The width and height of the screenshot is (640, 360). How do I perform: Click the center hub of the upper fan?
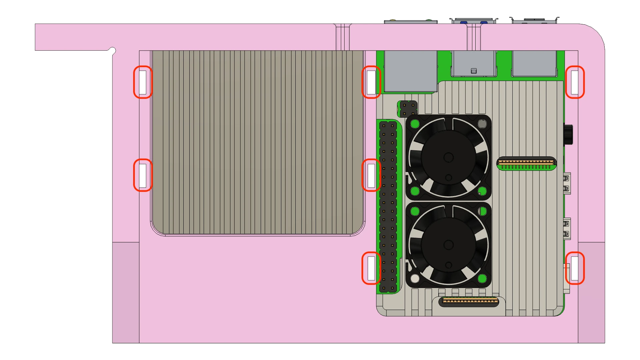coord(448,157)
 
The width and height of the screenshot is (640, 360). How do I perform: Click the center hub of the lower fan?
coord(448,245)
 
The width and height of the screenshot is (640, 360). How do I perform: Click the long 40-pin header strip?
coord(388,207)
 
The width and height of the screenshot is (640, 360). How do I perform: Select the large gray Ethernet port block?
coord(411,71)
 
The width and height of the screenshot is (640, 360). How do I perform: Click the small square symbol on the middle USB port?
coord(474,71)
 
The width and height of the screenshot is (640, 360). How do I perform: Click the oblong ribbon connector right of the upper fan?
coord(526,163)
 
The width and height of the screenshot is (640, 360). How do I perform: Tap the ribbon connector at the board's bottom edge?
coord(470,302)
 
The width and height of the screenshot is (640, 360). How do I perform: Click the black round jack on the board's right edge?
coord(568,134)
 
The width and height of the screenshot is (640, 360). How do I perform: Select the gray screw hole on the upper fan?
coord(482,124)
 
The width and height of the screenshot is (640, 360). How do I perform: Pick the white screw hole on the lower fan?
coord(415,278)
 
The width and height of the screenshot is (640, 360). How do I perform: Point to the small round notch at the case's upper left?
coord(113,50)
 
